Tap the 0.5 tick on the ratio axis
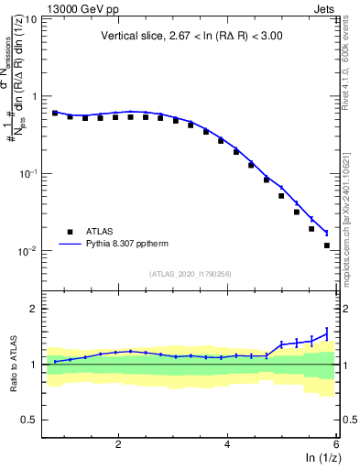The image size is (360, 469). tap(30, 420)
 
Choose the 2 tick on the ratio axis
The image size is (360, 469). tap(35, 309)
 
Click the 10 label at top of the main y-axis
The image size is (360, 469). tap(30, 18)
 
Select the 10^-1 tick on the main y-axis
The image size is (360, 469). tap(28, 173)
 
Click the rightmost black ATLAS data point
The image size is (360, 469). tap(326, 245)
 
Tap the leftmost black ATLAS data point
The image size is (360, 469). tap(55, 113)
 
